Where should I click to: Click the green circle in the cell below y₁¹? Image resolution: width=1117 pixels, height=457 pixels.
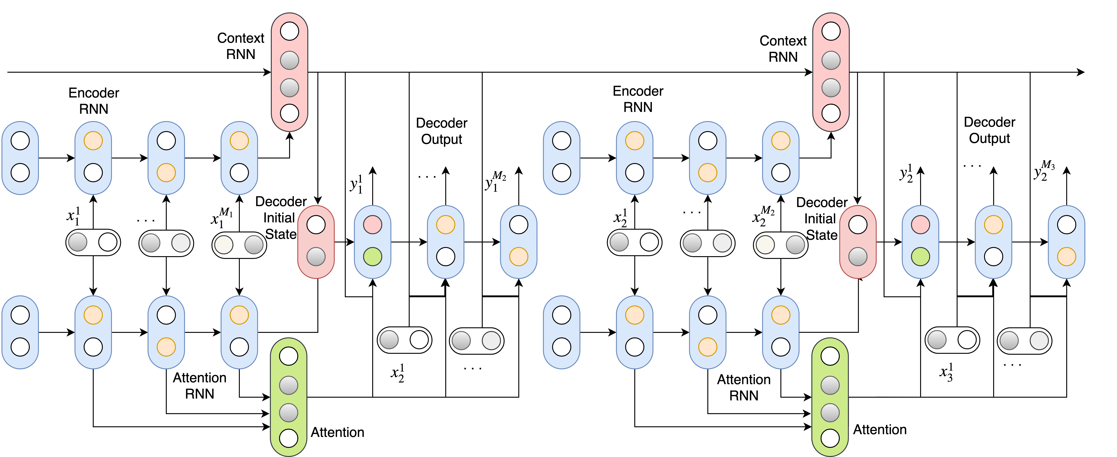pos(372,256)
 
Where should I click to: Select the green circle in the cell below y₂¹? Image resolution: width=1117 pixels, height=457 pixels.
pos(920,256)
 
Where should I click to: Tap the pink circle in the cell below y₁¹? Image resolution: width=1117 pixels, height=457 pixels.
pos(372,225)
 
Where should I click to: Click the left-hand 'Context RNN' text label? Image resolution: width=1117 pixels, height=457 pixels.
pos(241,46)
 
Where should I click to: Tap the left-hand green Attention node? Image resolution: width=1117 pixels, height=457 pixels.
pos(288,397)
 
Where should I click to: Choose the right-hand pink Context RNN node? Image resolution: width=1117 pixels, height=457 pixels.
pos(830,72)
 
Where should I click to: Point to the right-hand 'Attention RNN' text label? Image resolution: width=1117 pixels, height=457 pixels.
pos(744,387)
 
